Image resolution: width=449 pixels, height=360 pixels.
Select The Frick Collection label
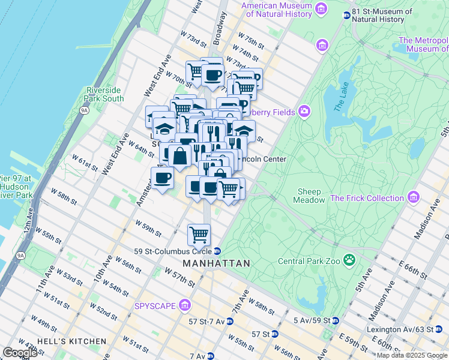pos(367,198)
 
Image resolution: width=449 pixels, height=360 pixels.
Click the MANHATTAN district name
pos(216,263)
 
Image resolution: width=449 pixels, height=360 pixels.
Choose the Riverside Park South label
pos(105,94)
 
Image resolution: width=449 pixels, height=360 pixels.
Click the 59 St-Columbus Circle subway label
pos(179,251)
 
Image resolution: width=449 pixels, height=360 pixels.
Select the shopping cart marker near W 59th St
pos(199,234)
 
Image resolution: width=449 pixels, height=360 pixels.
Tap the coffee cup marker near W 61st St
pos(161,178)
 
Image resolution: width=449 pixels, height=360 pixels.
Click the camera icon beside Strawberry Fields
pos(304,111)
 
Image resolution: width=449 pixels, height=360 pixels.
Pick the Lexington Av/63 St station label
pos(409,329)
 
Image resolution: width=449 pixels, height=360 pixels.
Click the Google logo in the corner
pos(20,353)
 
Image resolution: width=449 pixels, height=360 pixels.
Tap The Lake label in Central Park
pos(340,99)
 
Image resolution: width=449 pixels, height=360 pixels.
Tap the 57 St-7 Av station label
pos(207,322)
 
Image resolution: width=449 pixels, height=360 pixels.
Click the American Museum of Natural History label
pos(277,10)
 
